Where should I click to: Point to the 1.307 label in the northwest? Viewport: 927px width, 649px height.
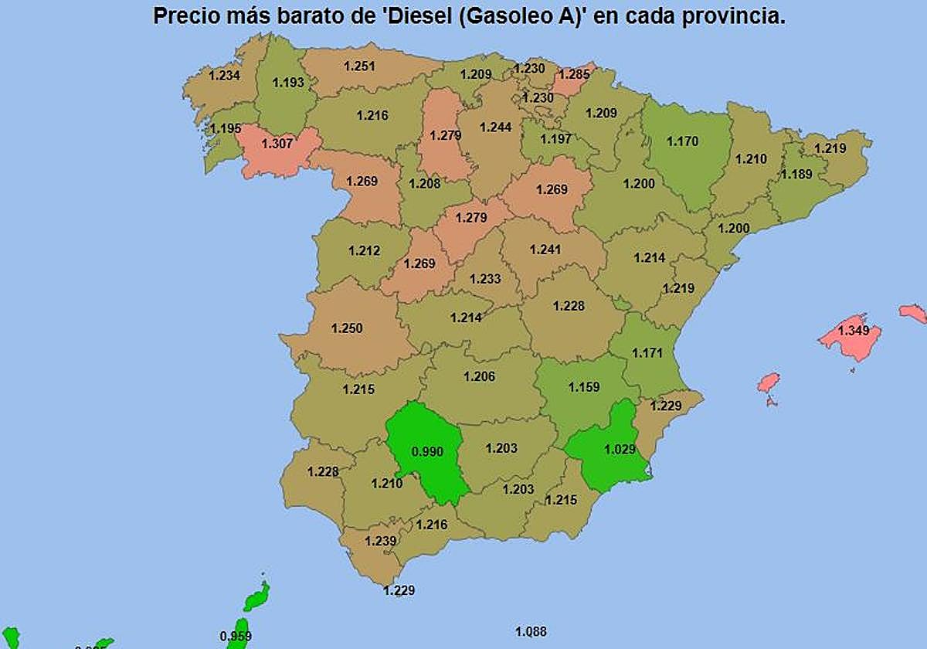[277, 144]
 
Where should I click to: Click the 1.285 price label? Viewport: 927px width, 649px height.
[573, 75]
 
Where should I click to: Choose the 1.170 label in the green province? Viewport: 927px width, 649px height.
[682, 141]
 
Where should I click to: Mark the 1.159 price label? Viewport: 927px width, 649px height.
[584, 387]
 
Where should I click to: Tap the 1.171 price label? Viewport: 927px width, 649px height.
[647, 353]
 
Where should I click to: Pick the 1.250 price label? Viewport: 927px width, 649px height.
[347, 328]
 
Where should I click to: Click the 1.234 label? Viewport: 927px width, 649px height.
[225, 75]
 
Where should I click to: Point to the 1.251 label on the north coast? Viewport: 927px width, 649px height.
[359, 66]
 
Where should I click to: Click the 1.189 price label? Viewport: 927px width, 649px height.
[796, 175]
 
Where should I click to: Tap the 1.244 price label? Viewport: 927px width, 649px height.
[496, 127]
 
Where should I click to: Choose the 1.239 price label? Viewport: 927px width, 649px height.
[380, 541]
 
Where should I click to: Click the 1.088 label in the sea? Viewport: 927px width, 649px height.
[531, 632]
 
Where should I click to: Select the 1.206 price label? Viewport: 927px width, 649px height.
[479, 376]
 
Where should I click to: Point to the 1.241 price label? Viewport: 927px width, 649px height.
[545, 250]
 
